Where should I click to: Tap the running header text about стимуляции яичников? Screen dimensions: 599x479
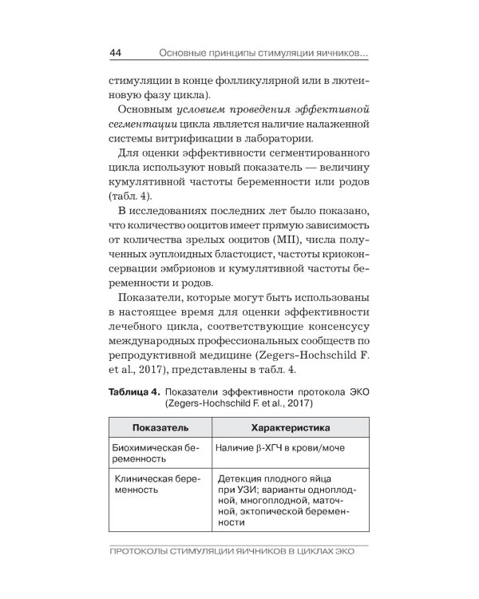[263, 54]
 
